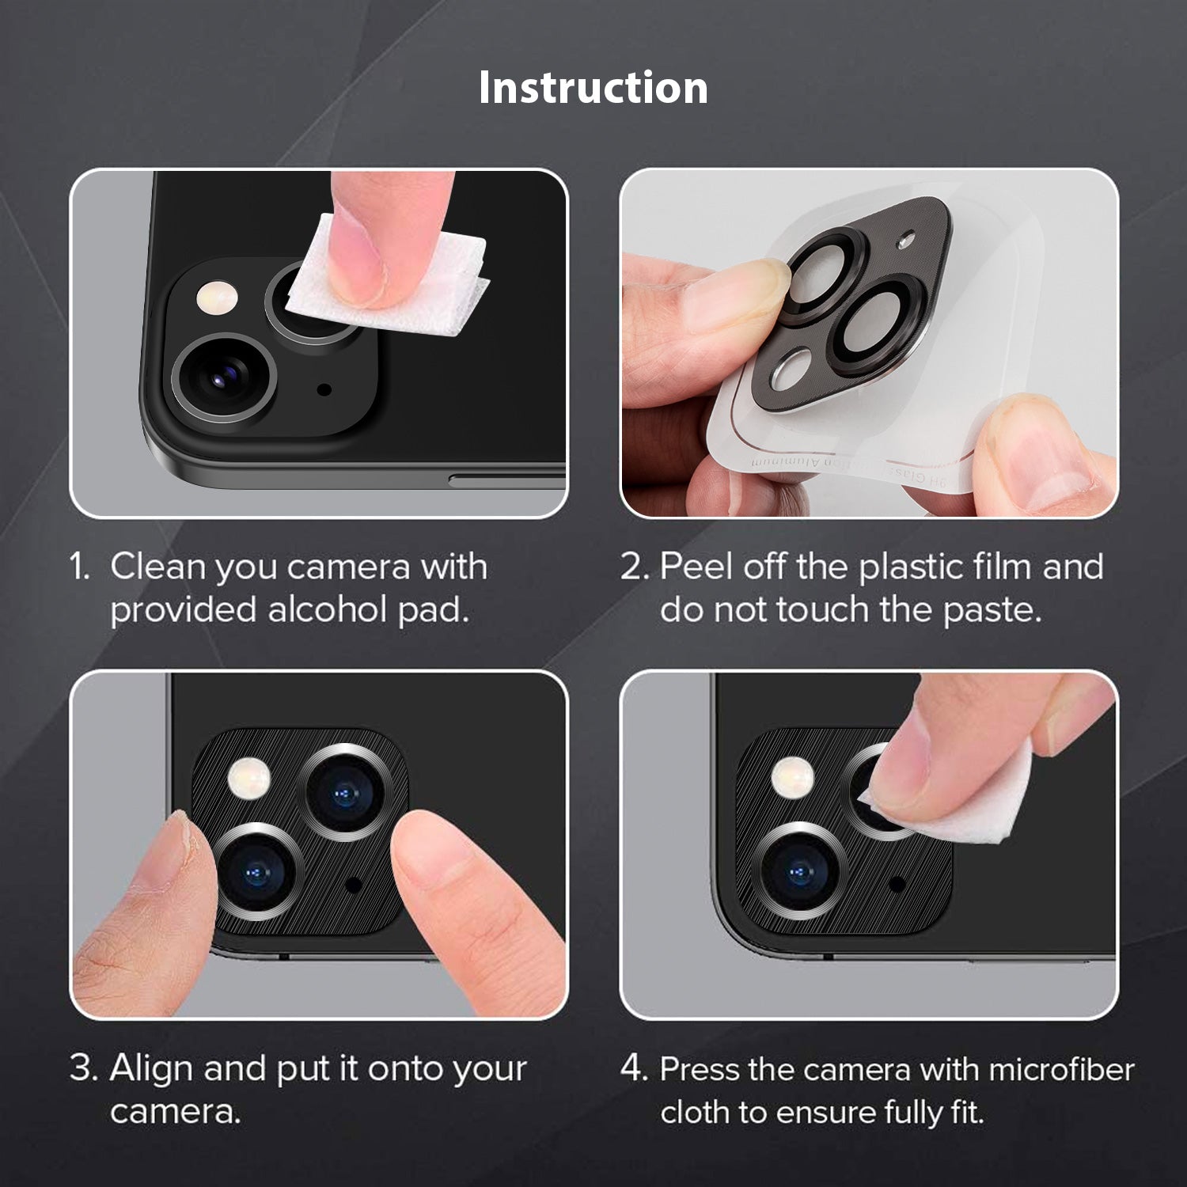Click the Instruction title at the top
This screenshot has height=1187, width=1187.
click(593, 87)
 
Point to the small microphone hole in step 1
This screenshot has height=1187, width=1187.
click(324, 389)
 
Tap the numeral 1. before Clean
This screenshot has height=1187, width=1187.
click(81, 567)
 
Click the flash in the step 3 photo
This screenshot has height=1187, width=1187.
click(249, 777)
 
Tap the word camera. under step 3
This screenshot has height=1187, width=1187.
click(175, 1112)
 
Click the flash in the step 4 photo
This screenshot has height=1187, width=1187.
click(793, 776)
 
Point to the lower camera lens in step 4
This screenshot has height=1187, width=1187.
click(799, 871)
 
